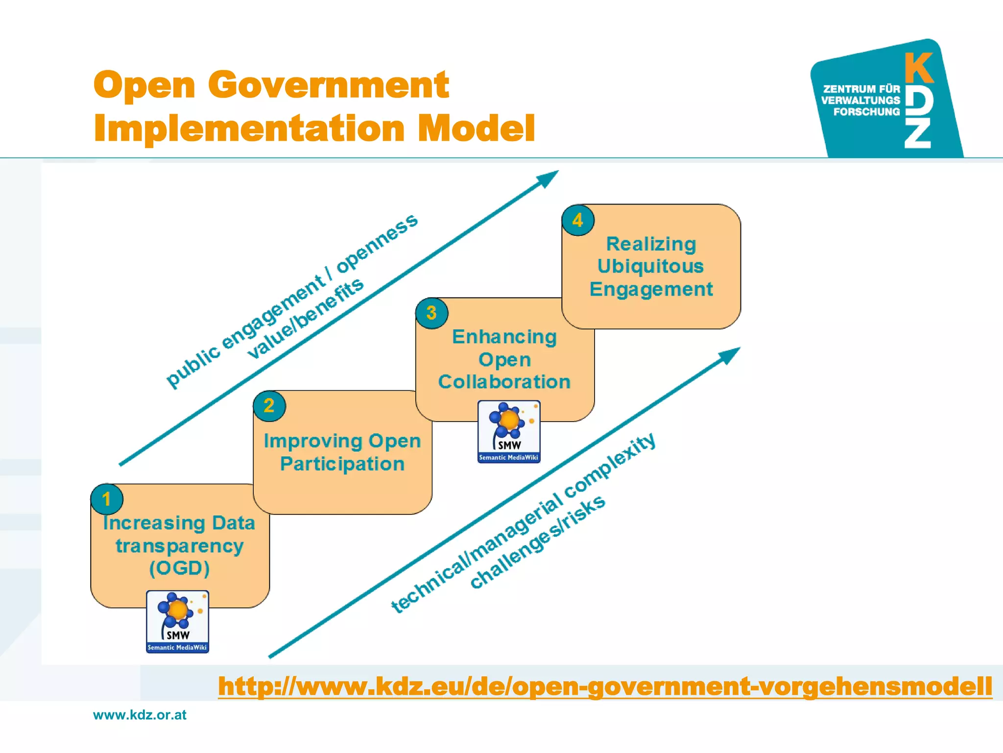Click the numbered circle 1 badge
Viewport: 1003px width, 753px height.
click(107, 499)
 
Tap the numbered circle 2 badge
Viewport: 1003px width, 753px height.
click(269, 406)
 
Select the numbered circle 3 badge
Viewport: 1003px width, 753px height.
click(431, 313)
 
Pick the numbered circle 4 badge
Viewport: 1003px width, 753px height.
click(578, 220)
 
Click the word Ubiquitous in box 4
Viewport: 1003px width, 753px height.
click(650, 266)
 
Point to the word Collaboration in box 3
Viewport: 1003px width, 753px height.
click(504, 382)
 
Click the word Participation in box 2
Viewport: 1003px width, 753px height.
click(342, 464)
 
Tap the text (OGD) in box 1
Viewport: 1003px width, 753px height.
click(179, 568)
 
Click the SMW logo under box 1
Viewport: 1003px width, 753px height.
click(177, 622)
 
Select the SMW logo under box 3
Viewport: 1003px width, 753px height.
click(509, 431)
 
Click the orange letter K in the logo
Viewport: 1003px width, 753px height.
click(919, 68)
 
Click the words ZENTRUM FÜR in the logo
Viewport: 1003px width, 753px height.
click(861, 89)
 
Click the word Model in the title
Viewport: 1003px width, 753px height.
click(476, 128)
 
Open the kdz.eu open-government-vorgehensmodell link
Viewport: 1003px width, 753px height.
click(605, 686)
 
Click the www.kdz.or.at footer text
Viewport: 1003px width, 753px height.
click(140, 715)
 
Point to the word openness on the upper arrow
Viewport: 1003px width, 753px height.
click(377, 243)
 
